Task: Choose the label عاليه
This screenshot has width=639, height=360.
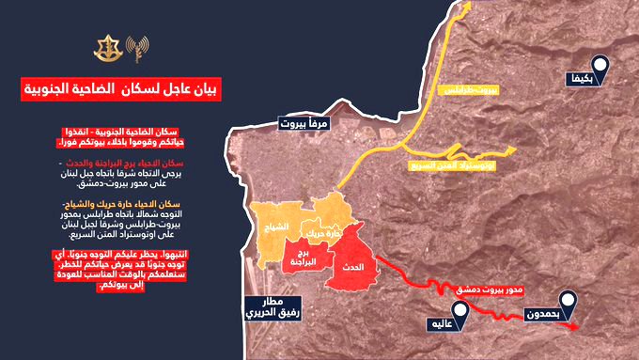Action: [445, 324]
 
